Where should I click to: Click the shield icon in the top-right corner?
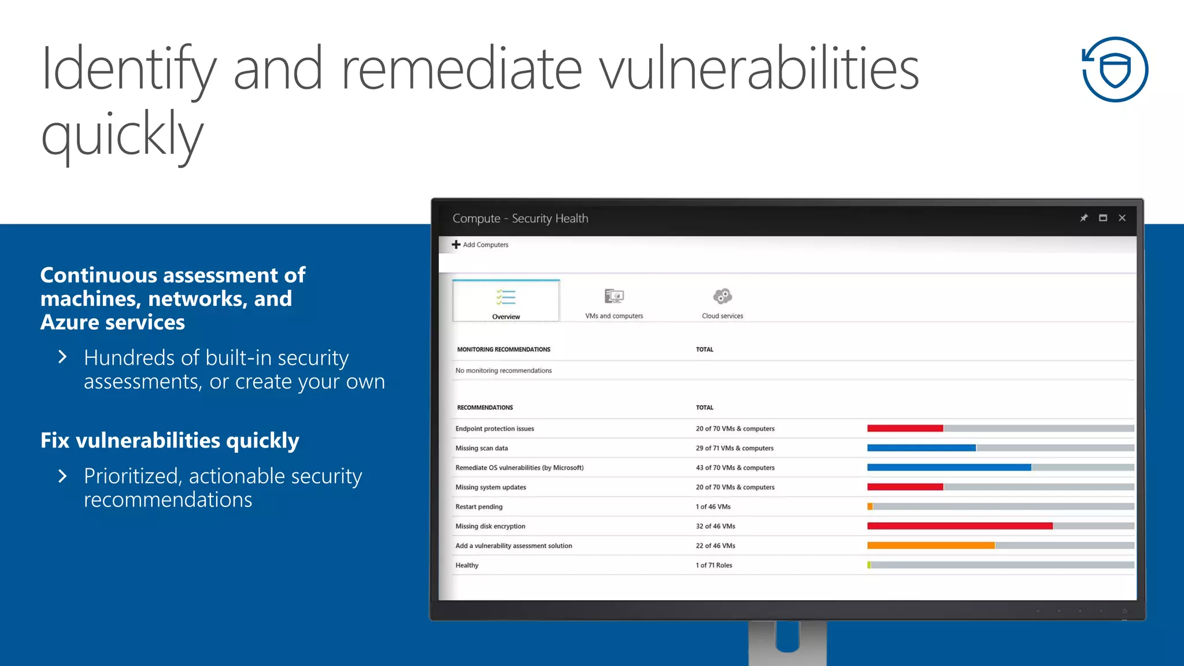1115,70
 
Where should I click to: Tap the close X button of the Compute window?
1122,218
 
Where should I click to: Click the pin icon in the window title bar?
1084,218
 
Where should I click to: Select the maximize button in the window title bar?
1103,218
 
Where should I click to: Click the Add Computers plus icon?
456,245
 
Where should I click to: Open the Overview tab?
506,301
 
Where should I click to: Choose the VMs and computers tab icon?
614,297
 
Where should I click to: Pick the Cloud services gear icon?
722,297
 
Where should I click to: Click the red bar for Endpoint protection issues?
905,428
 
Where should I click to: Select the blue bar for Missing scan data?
921,448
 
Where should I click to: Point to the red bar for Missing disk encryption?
960,526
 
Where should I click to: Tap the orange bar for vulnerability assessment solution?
931,546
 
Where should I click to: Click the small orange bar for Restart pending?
870,507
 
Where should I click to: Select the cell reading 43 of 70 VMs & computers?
735,468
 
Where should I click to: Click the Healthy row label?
467,565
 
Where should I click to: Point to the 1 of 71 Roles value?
714,565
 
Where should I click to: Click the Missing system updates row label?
491,487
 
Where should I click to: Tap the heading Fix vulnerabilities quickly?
170,441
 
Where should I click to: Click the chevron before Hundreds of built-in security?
62,357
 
